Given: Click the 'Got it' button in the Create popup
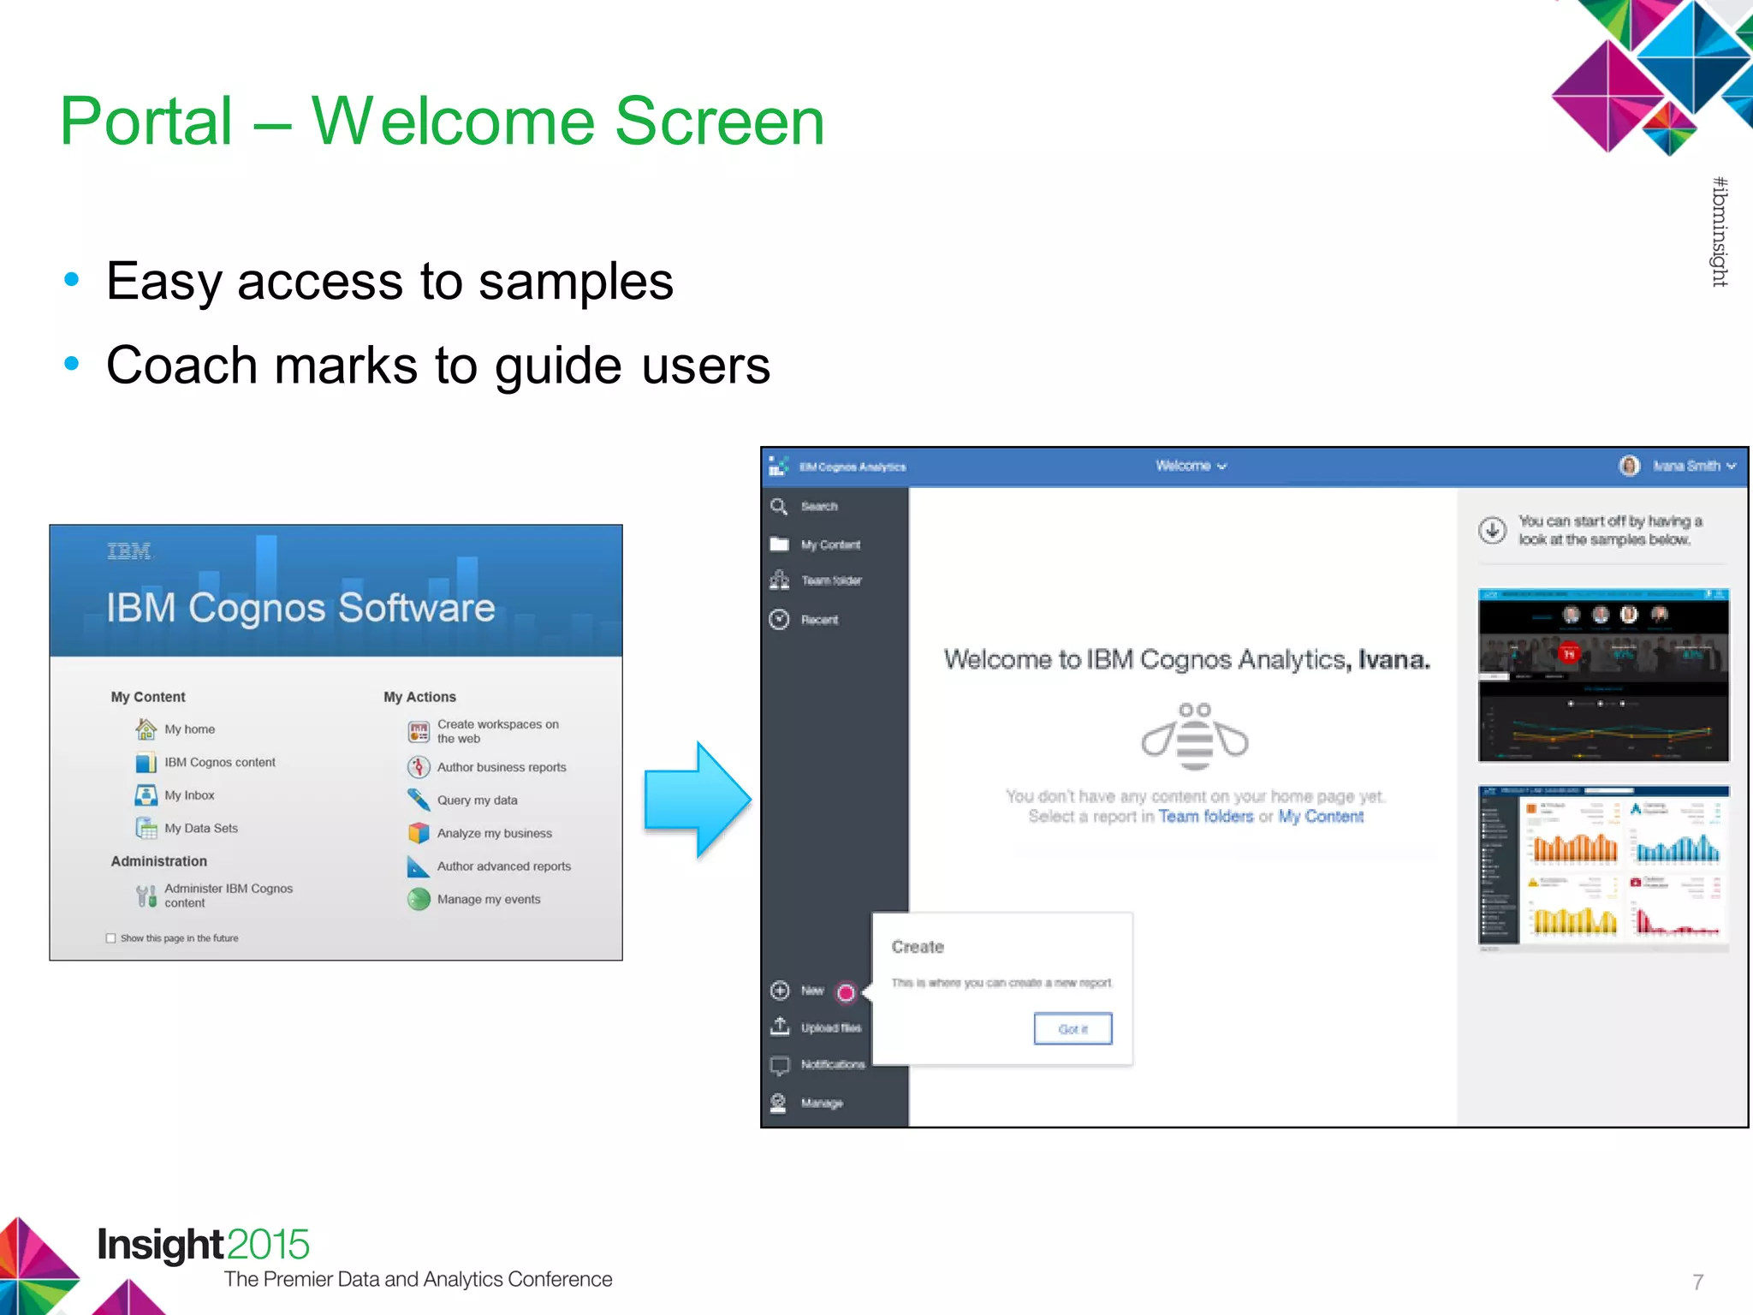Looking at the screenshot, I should [x=1073, y=1028].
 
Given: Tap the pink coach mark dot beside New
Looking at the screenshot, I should [x=846, y=992].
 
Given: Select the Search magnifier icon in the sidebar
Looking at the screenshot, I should [x=779, y=506].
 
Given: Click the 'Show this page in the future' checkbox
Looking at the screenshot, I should [x=110, y=938].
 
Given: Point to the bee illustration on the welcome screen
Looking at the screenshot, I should [x=1194, y=736].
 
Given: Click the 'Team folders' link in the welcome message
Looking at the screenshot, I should [x=1205, y=817].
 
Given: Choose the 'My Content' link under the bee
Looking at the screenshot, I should [x=1321, y=817].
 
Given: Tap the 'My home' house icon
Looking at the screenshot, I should [x=146, y=729].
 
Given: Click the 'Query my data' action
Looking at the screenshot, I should [x=477, y=800].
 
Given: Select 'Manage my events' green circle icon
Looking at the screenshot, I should [x=419, y=899].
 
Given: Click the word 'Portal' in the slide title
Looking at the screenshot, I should [x=146, y=122].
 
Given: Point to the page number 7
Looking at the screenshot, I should [x=1697, y=1282].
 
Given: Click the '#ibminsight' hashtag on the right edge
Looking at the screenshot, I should [x=1719, y=231].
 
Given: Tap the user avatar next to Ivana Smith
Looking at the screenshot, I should [x=1630, y=466].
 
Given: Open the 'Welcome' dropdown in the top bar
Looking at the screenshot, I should [x=1191, y=466].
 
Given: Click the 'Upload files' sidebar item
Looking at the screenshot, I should [x=830, y=1027].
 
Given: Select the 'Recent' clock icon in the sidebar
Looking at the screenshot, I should [x=779, y=619].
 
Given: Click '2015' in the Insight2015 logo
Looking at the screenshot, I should [x=268, y=1244].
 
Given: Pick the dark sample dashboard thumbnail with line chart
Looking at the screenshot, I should [x=1603, y=675].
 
